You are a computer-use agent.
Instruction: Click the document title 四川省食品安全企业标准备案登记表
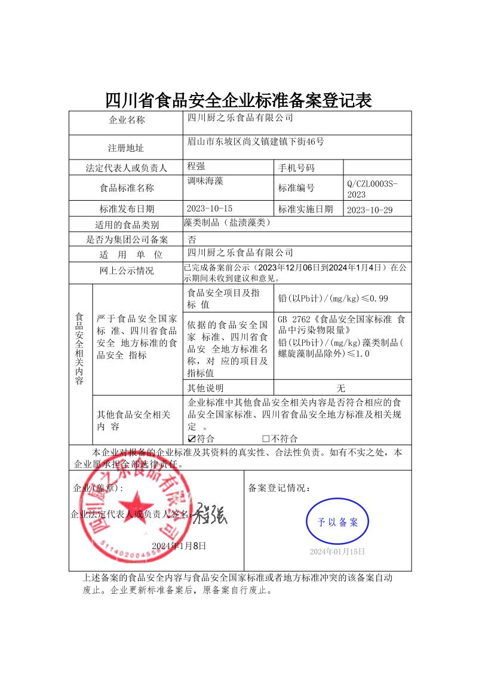(238, 100)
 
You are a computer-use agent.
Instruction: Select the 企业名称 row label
(127, 120)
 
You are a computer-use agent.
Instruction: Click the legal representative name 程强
(197, 165)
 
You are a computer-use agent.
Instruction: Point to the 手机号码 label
(296, 168)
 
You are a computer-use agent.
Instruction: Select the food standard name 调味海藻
(205, 180)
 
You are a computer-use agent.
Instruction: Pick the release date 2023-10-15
(209, 208)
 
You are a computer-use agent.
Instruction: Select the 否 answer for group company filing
(192, 240)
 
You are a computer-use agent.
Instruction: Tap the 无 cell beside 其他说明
(341, 388)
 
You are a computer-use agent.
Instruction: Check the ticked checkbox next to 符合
(192, 439)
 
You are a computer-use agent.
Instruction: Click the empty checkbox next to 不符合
(266, 439)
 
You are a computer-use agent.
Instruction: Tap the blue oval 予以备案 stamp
(337, 522)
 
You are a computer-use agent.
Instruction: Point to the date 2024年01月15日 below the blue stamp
(337, 551)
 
